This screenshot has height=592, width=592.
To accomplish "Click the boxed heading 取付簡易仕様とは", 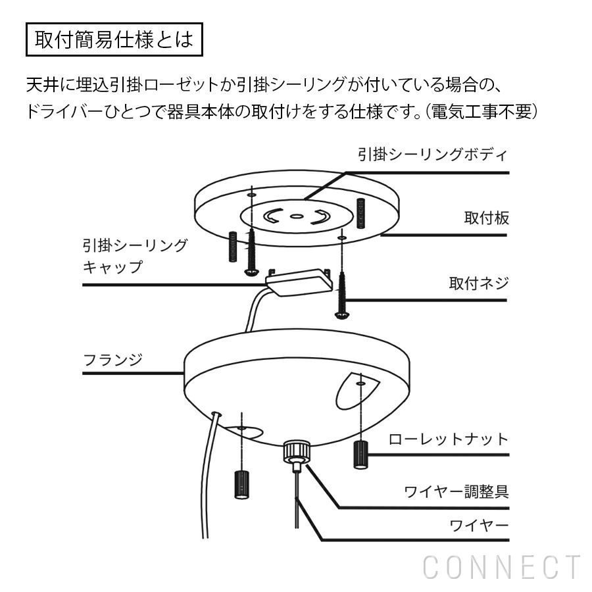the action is (114, 39).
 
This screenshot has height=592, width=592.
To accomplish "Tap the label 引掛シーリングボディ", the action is (433, 155).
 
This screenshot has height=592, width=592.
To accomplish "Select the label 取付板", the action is (486, 218).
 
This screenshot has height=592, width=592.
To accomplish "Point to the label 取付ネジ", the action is (479, 283).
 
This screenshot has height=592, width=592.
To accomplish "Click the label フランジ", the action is (113, 360).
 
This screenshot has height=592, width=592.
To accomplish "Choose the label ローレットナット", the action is (449, 439).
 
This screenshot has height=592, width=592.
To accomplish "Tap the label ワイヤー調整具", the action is (456, 491).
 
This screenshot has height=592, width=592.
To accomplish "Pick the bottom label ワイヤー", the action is (479, 525).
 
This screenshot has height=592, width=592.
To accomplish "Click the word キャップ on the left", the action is (113, 267).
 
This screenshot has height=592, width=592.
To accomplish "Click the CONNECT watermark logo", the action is (502, 567).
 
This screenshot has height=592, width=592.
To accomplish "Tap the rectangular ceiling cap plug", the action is (299, 282).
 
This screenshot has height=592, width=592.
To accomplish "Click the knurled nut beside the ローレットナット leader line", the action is (360, 455).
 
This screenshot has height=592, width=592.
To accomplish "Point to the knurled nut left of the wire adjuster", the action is (241, 485).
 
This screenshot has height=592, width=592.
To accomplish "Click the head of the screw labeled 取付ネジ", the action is (341, 314).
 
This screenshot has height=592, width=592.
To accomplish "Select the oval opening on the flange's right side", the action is (357, 391).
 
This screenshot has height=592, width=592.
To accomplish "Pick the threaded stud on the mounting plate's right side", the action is (360, 213).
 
